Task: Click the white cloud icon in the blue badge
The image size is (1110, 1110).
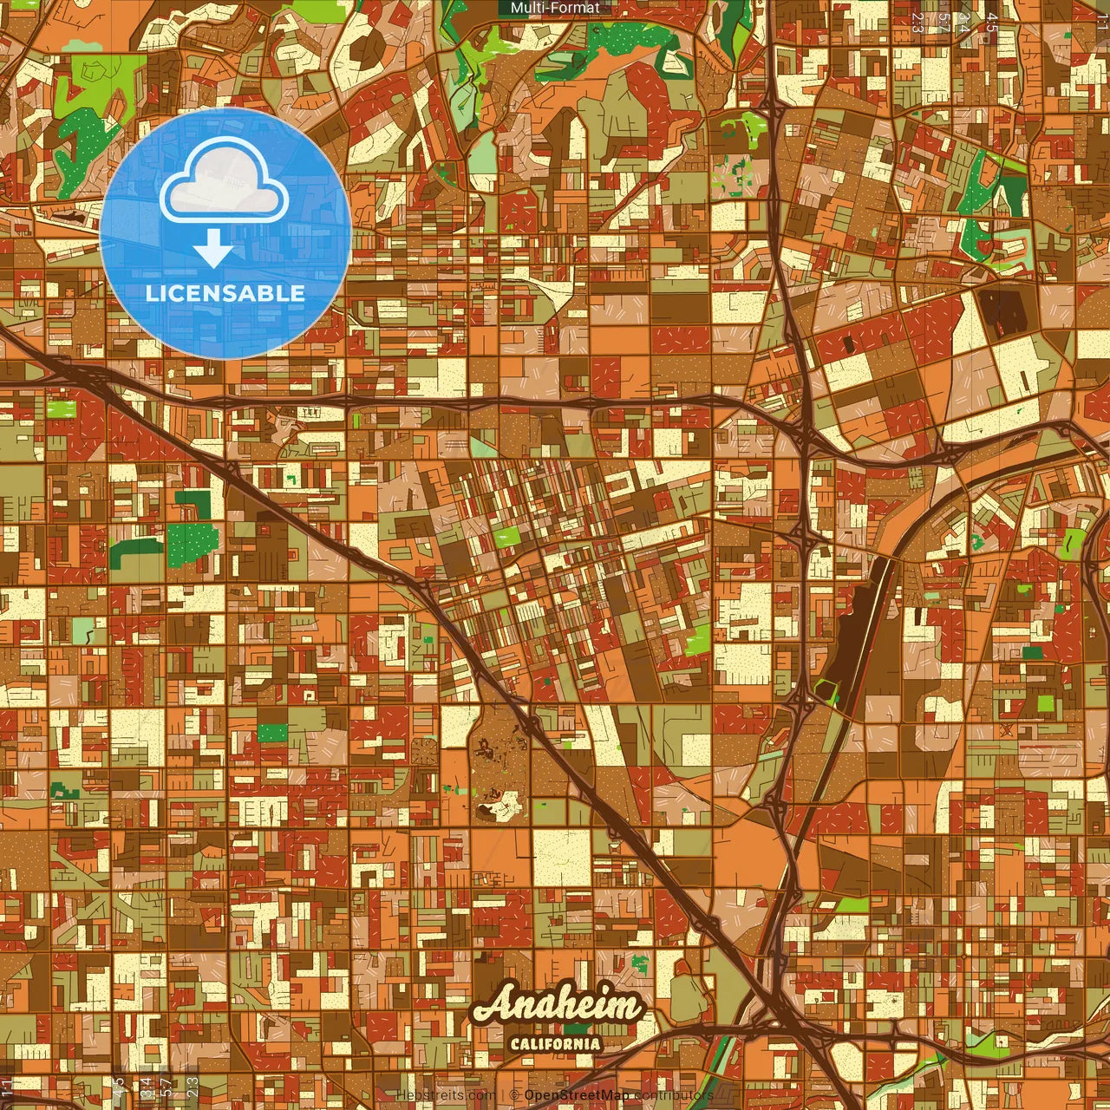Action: pyautogui.click(x=225, y=180)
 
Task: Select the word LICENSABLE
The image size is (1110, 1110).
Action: pyautogui.click(x=225, y=293)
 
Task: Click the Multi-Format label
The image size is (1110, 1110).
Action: pyautogui.click(x=555, y=8)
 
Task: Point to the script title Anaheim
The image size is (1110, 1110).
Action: pyautogui.click(x=558, y=1007)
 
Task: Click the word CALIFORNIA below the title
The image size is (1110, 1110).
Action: pyautogui.click(x=555, y=1043)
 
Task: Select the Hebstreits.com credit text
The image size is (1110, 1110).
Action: pyautogui.click(x=445, y=1095)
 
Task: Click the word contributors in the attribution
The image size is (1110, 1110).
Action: pyautogui.click(x=674, y=1095)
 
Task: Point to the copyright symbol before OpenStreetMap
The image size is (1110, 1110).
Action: pyautogui.click(x=513, y=1095)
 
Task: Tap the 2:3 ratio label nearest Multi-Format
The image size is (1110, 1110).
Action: pyautogui.click(x=917, y=22)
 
